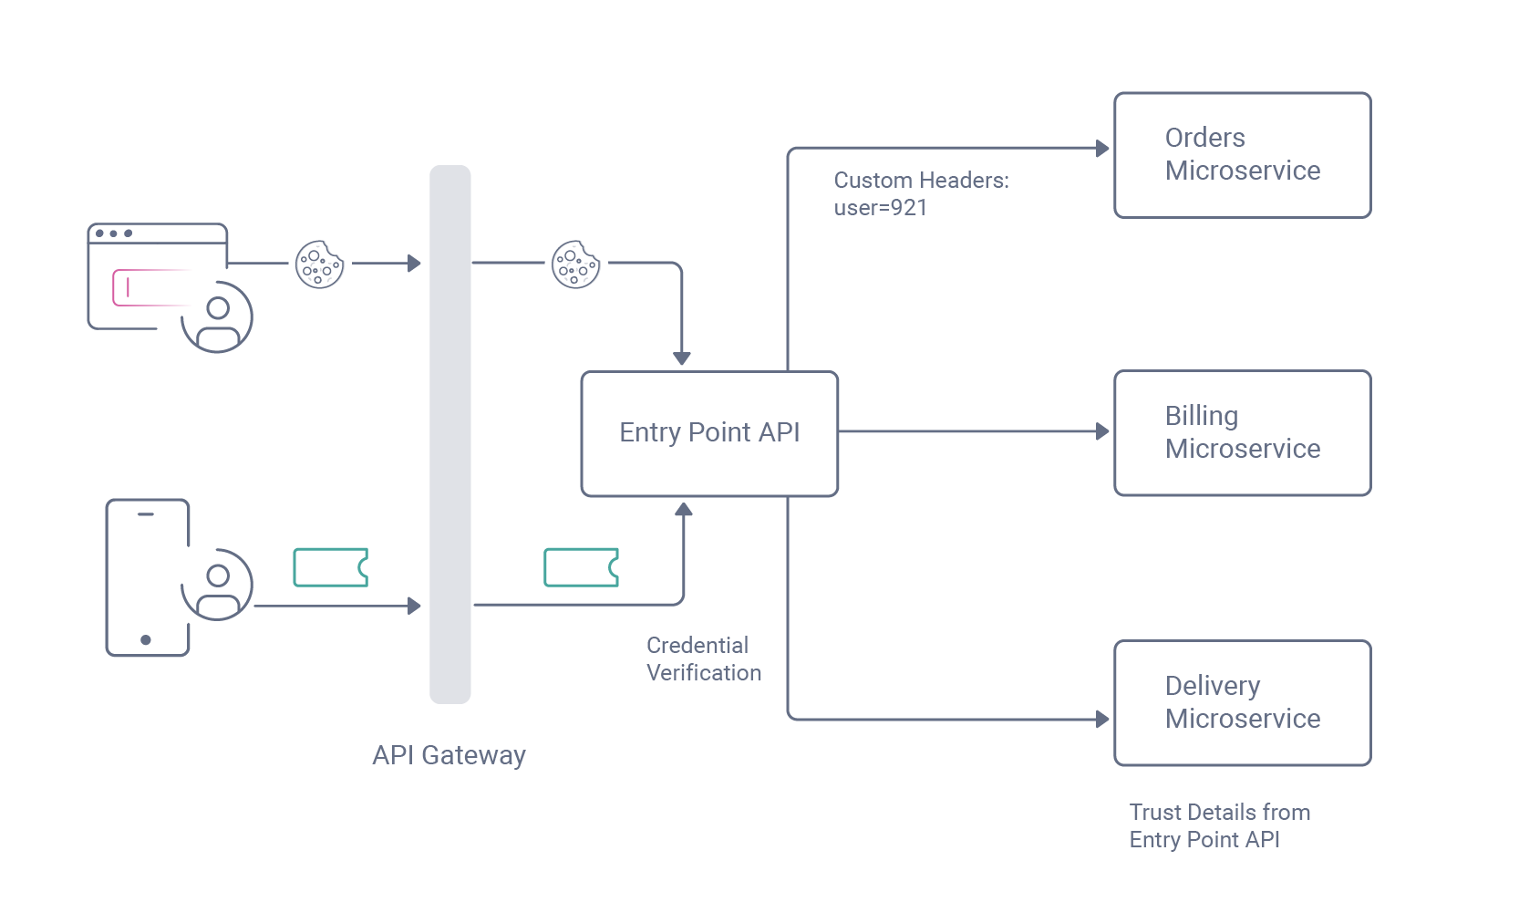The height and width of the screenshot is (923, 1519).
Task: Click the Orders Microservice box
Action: coord(1242,155)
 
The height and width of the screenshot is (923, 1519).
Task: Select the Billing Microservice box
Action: coord(1242,432)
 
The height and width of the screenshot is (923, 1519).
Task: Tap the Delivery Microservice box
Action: coord(1242,702)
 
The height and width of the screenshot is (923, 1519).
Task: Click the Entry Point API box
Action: coord(709,433)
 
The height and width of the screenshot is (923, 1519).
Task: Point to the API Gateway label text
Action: coord(449,755)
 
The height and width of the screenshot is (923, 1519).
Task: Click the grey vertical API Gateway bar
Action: coord(450,434)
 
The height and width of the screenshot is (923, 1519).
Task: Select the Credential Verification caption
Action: coord(703,659)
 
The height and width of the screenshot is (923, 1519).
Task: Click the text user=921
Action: coord(880,208)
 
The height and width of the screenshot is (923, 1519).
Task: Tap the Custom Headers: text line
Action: coord(921,181)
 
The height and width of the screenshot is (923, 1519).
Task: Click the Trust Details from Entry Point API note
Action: coord(1219,825)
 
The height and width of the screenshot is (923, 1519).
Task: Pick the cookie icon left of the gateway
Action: coord(319,264)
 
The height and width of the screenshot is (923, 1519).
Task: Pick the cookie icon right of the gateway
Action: coord(575,264)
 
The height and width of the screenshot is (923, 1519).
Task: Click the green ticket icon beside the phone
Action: coord(330,567)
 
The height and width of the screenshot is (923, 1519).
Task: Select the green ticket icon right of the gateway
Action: coord(581,567)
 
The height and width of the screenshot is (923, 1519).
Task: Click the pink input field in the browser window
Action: coord(150,287)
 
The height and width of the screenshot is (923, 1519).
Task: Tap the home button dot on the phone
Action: coord(146,639)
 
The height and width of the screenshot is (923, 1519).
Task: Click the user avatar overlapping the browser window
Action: coord(217,317)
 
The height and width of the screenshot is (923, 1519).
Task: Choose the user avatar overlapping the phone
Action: coord(217,585)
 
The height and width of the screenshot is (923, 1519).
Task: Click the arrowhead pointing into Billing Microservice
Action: coord(1102,431)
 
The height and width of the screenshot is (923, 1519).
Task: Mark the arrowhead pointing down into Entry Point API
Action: coord(682,358)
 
